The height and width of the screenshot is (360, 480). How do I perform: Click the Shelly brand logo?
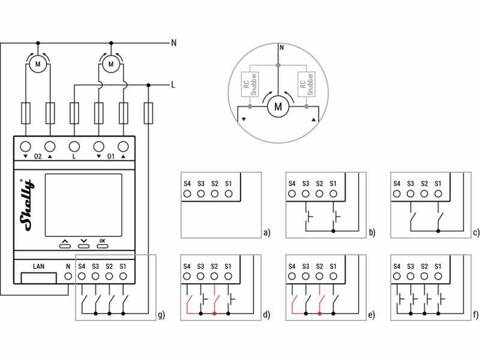coord(27,205)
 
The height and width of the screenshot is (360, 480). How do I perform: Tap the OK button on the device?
coord(102,246)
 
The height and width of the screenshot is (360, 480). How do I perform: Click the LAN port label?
coord(38,266)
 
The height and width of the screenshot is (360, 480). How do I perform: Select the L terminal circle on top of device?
coord(74,146)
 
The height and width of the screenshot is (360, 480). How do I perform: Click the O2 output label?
coord(38,157)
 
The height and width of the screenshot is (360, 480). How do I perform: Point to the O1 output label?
coord(111,157)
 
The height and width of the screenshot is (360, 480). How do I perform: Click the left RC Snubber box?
coord(250,84)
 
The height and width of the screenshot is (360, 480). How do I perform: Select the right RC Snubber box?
coord(307,84)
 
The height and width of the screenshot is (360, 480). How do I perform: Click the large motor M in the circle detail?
coord(278,107)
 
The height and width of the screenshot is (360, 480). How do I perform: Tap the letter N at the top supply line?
coord(173,43)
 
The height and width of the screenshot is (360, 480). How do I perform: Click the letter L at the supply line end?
coord(173,85)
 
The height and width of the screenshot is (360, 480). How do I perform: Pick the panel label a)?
coord(267,233)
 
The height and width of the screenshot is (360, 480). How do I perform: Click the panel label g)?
coord(161,314)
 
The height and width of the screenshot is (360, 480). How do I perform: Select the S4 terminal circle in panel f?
coord(397,277)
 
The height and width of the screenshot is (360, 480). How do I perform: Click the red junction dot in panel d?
coord(214,314)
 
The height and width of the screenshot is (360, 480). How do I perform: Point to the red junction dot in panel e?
coord(320,314)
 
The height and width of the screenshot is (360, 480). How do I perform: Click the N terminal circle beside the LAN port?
coord(68,277)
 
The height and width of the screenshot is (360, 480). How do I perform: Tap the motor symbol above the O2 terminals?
coord(38,64)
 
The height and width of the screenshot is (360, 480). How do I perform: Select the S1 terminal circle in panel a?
coord(229,194)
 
